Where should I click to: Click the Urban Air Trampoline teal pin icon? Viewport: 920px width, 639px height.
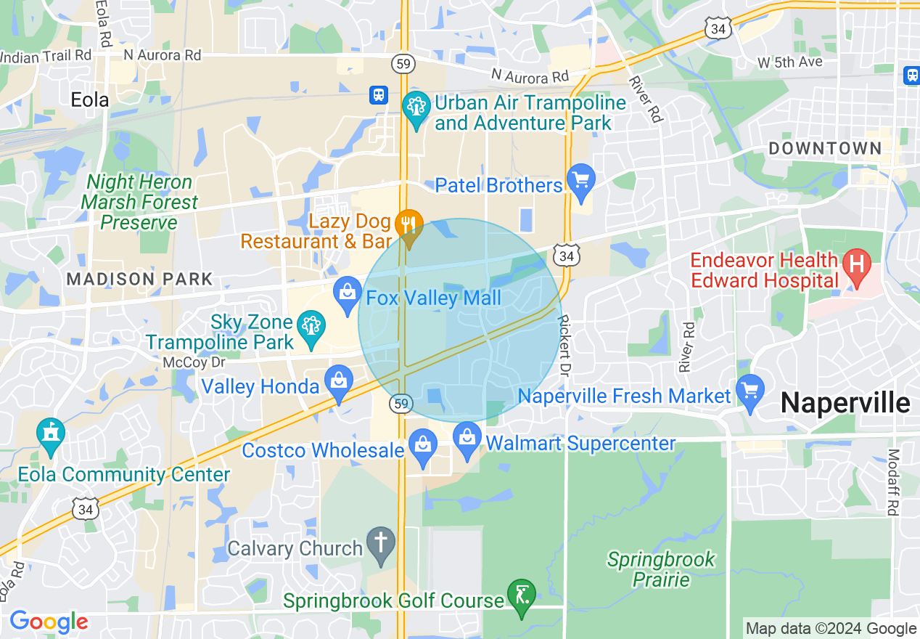(416, 110)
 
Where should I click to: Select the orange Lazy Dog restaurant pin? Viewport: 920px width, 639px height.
(409, 225)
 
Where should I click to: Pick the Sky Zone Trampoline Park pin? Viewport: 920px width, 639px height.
(311, 327)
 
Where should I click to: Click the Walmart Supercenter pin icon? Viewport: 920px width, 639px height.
(467, 439)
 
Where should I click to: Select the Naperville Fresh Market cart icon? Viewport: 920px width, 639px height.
(749, 391)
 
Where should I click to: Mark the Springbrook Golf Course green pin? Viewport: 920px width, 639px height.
(521, 596)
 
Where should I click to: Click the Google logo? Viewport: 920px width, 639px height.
(49, 622)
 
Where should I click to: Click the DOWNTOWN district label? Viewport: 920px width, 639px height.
(825, 149)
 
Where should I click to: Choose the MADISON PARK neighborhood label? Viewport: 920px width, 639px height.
(139, 279)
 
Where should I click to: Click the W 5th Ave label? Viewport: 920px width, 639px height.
(789, 62)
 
